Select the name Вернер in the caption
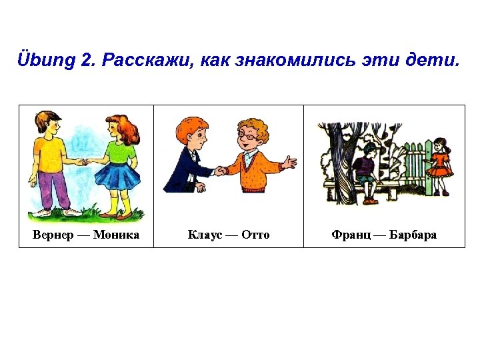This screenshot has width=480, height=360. [53, 235]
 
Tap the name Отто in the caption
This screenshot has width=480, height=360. [255, 235]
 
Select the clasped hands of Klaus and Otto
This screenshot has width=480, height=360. [220, 171]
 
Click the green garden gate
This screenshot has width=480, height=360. [417, 167]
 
